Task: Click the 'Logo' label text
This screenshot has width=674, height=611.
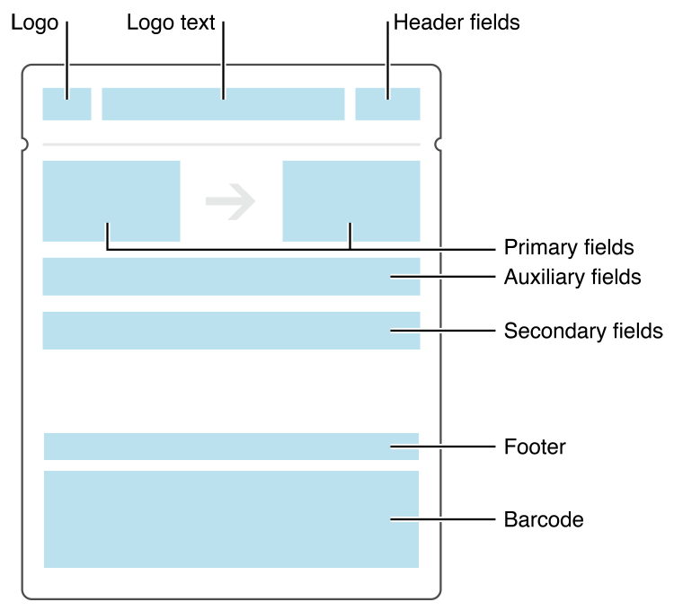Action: click(x=34, y=23)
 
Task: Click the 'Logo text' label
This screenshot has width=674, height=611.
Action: click(x=171, y=23)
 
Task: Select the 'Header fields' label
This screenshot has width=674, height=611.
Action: click(x=456, y=23)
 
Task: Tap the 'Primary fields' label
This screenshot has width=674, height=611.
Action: click(x=569, y=247)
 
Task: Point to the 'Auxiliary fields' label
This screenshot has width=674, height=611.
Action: click(x=572, y=277)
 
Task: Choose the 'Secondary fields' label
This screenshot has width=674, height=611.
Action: click(x=583, y=331)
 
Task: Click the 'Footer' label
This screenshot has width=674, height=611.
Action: click(x=535, y=447)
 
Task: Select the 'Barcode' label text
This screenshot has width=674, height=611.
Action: click(x=544, y=519)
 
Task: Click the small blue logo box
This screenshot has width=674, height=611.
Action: click(x=67, y=104)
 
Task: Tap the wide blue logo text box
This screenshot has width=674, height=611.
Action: click(x=223, y=104)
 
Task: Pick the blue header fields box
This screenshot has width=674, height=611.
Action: click(x=387, y=104)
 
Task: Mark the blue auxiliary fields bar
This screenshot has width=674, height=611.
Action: click(x=231, y=277)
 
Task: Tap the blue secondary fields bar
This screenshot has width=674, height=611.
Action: click(x=231, y=331)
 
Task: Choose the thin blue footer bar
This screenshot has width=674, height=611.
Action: click(x=231, y=447)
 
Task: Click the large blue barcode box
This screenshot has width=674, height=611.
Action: click(x=231, y=519)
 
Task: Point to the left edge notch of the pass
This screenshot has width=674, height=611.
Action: click(x=24, y=144)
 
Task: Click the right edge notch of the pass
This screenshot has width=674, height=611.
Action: click(x=439, y=144)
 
